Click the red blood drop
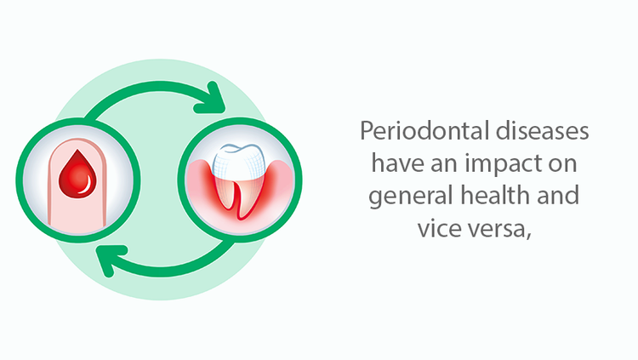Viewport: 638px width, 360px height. coord(77,175)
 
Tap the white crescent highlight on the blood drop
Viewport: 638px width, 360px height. coord(87,186)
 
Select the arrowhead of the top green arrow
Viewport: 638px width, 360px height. coord(212,99)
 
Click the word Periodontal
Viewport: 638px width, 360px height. coord(424,131)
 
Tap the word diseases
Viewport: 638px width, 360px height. coord(543,131)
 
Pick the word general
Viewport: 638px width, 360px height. coord(412,197)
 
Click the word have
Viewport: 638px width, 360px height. coord(397,163)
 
